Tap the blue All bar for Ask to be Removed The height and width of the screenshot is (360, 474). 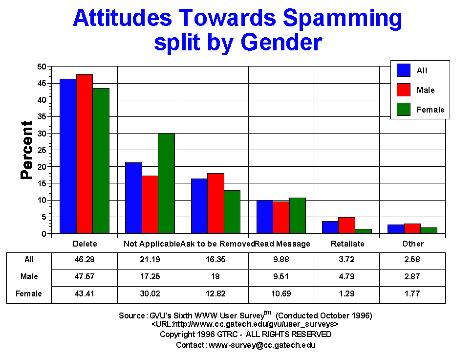pos(199,206)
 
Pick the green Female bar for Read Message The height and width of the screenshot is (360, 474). pos(297,216)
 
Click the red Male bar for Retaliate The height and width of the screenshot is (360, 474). pos(346,225)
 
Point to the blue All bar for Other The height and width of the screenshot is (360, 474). pos(396,229)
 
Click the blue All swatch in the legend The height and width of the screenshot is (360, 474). pos(403,70)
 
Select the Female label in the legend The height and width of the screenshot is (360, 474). pos(431,110)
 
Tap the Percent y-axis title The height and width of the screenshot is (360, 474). pos(27,150)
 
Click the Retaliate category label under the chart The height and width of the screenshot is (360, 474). pos(346,244)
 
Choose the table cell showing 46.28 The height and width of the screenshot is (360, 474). pos(85,260)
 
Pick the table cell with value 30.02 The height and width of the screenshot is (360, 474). pos(150,294)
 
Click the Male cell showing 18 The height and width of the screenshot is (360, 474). pos(215,277)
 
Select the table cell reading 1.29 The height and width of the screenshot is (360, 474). pos(346,294)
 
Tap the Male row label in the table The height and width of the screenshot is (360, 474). pos(29,277)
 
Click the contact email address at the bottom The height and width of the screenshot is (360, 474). pos(262,345)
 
